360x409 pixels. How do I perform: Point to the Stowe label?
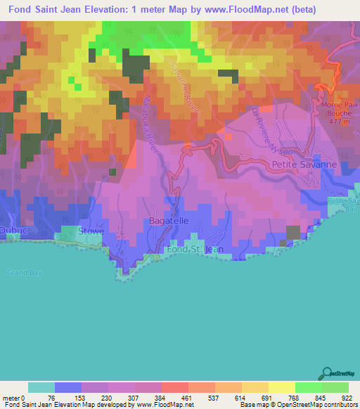(x=91, y=231)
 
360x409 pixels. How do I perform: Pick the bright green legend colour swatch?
(x=307, y=387)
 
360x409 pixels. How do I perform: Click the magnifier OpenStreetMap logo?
(x=326, y=374)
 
